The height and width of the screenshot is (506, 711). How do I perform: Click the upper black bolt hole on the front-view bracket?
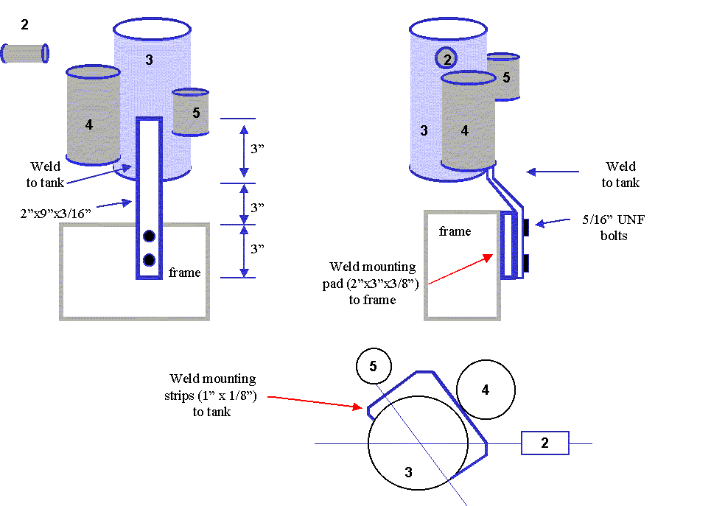pos(149,236)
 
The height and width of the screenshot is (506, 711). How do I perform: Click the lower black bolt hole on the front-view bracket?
pos(149,260)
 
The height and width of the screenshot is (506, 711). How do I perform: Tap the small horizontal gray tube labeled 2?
pos(25,54)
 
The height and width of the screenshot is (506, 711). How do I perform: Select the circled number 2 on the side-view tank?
pos(446,58)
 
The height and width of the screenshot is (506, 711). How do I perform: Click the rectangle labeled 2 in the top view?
pos(545,443)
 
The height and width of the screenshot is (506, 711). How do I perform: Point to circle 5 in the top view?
pos(374,366)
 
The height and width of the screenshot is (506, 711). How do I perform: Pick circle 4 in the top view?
pos(486,390)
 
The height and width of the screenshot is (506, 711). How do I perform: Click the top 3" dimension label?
pos(257,149)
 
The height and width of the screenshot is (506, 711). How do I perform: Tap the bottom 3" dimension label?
pos(257,248)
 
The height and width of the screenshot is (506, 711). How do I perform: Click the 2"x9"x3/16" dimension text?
pos(56,213)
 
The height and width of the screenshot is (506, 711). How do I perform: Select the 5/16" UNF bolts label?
pos(614,228)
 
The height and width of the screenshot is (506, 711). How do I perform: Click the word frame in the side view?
pos(455,231)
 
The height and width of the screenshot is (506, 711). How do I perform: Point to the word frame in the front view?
pos(184,273)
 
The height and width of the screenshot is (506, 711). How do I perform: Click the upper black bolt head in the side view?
pos(526,228)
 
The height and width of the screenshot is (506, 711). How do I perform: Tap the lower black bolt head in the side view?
pos(526,264)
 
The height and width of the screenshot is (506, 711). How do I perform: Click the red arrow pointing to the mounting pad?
pos(460,270)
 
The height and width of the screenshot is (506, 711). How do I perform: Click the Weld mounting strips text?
pos(211,395)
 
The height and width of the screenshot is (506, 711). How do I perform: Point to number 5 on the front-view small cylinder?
pos(196,113)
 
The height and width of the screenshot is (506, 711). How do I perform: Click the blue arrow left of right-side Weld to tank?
pos(553,172)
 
